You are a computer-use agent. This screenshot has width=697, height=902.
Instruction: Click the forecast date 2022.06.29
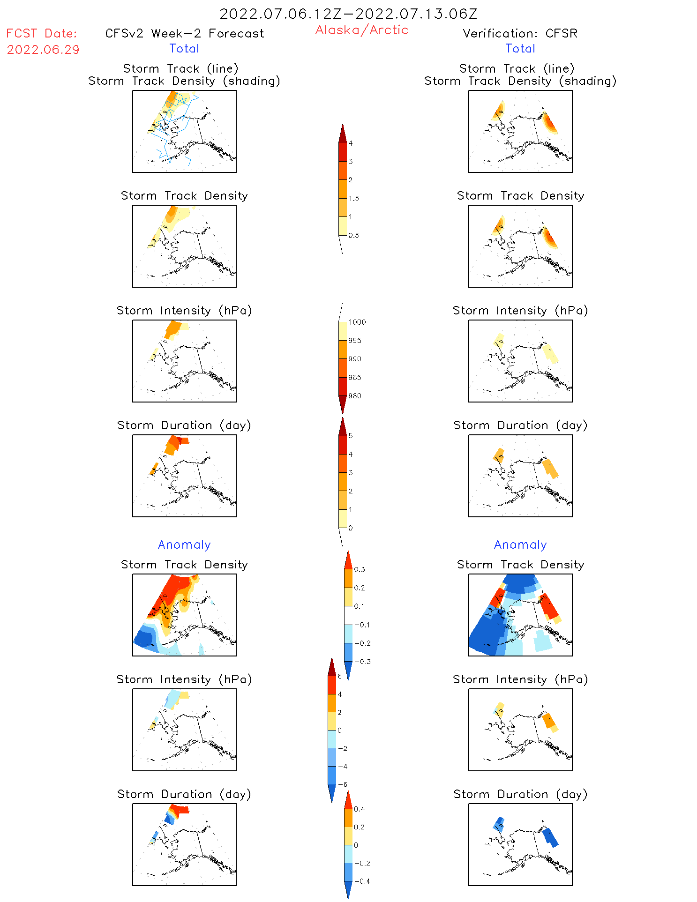(43, 50)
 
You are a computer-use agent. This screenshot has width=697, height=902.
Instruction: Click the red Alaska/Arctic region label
(361, 30)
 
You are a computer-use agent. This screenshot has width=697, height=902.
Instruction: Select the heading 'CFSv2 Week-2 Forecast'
(184, 34)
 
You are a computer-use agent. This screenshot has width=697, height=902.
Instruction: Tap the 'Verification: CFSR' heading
(520, 34)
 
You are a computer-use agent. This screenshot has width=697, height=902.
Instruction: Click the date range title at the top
(348, 14)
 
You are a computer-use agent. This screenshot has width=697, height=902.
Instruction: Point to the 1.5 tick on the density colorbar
(354, 199)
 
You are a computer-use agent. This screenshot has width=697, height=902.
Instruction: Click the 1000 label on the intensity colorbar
(357, 322)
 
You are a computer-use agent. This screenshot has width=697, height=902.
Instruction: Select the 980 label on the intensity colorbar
(355, 396)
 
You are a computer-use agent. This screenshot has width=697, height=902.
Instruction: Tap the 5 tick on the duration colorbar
(350, 436)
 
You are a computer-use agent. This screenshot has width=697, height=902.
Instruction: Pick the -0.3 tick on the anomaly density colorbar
(362, 662)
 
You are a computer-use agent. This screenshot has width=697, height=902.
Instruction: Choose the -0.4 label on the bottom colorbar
(361, 881)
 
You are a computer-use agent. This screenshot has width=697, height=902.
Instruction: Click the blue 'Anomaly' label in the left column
(184, 545)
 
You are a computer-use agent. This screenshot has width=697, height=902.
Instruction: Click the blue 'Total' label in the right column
(520, 49)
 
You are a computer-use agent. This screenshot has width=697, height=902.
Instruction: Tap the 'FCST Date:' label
(41, 34)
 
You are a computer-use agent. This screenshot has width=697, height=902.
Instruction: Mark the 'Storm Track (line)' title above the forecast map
(180, 69)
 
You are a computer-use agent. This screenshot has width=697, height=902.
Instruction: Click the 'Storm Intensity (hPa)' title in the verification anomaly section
(520, 679)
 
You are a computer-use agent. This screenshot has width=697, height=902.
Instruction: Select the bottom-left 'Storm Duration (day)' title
(184, 794)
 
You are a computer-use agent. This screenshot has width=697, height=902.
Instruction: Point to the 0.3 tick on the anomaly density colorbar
(359, 570)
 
